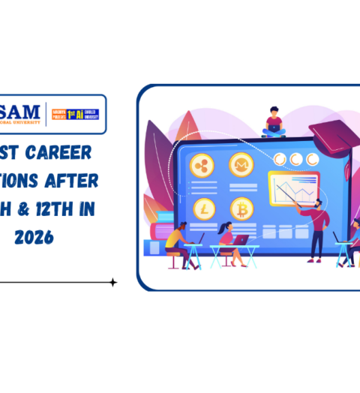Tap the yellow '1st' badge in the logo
(x=73, y=115)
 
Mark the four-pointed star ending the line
(x=113, y=283)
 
